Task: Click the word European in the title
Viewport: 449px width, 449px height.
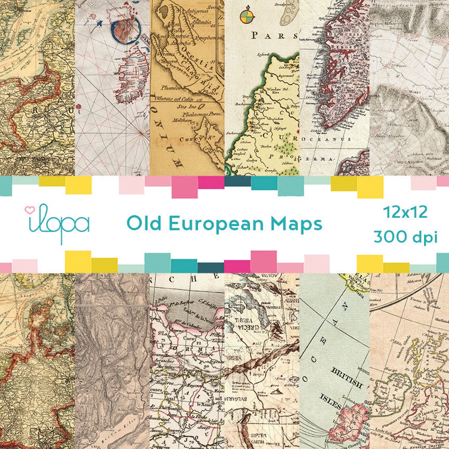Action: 217,224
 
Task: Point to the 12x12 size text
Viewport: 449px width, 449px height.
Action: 405,212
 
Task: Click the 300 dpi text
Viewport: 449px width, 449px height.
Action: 405,237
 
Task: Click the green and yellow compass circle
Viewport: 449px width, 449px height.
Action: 246,16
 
